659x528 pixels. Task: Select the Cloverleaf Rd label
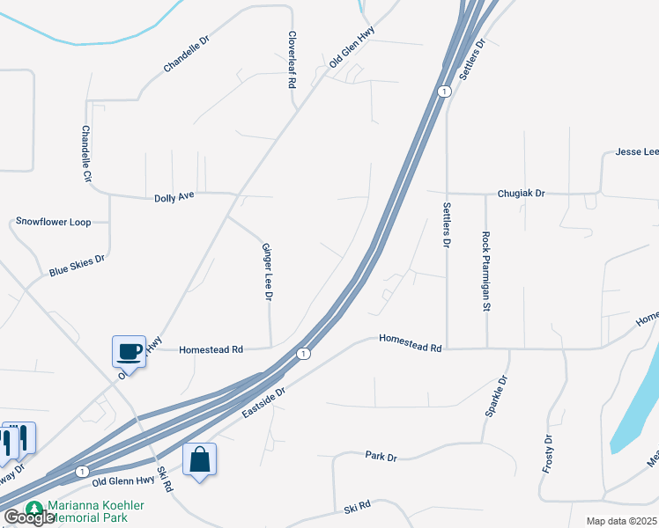point(291,61)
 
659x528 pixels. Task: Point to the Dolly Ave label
point(174,195)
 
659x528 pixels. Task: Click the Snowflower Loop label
point(54,222)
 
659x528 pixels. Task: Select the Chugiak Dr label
point(522,193)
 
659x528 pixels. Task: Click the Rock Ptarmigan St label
point(485,272)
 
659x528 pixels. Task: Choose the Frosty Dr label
point(547,455)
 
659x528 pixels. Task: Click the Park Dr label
point(381,456)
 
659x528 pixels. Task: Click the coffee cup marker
point(130,352)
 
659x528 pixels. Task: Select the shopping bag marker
point(200,458)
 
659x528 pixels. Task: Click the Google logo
point(29,517)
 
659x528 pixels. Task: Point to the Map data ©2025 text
point(622,521)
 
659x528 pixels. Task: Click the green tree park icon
point(34,509)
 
